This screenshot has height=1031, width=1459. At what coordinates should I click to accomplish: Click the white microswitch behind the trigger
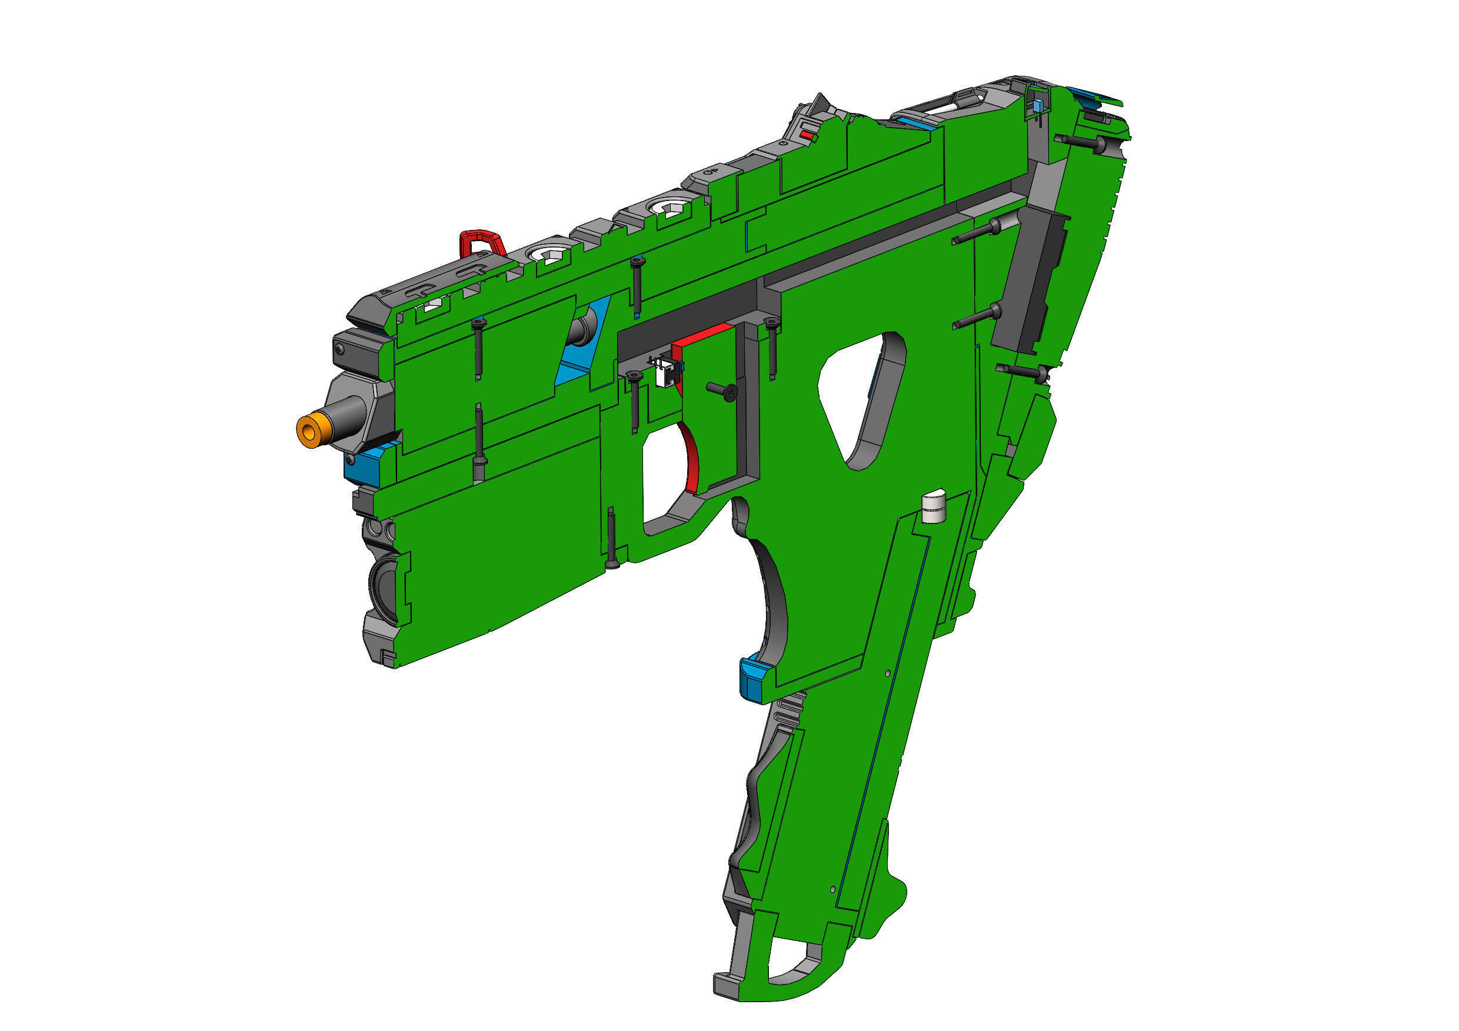(x=666, y=373)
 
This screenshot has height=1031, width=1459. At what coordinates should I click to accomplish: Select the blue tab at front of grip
(x=755, y=680)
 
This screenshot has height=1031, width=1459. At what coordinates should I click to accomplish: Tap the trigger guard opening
(x=661, y=483)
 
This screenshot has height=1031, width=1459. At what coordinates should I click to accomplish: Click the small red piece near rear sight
(x=807, y=135)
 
